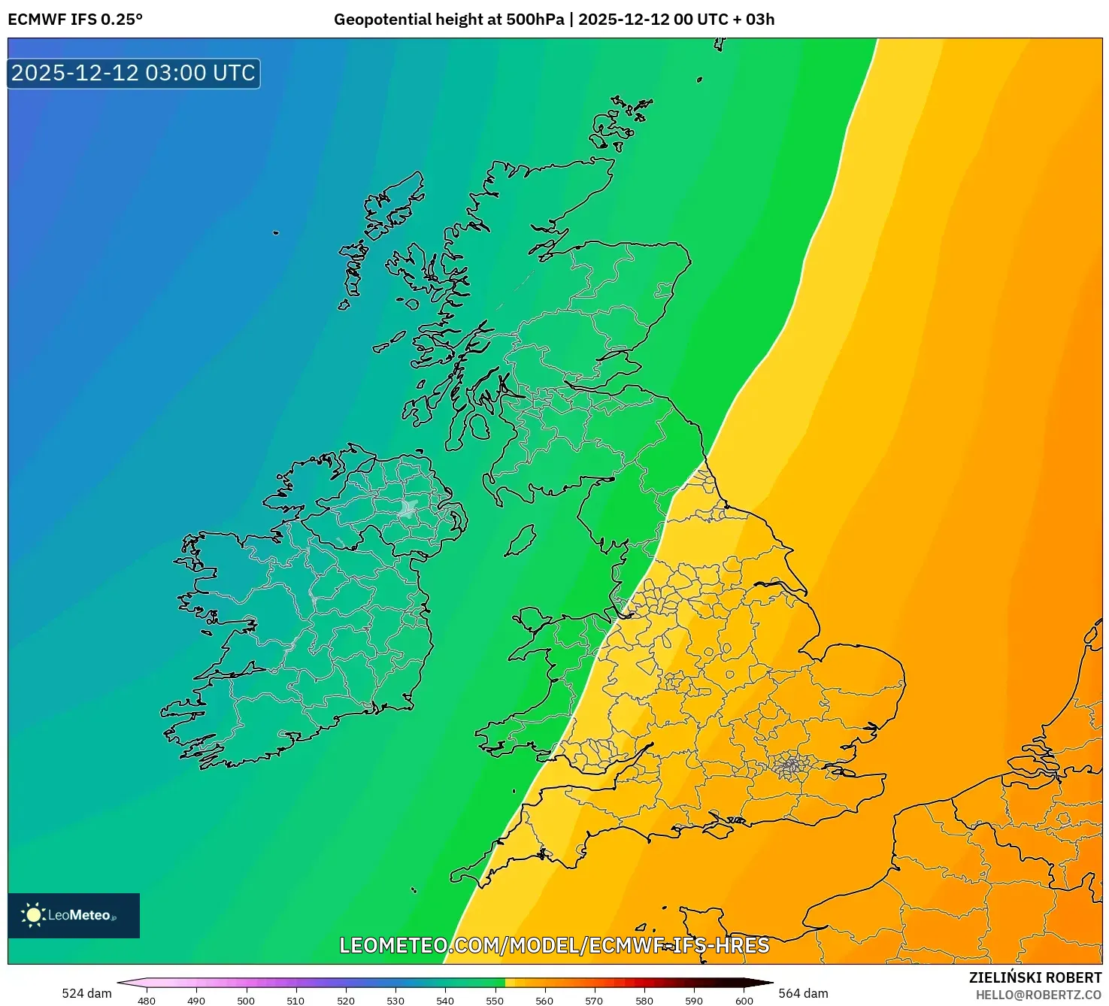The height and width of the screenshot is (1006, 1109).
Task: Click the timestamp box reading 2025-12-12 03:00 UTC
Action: click(x=134, y=74)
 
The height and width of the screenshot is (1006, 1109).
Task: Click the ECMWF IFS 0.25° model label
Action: click(x=75, y=20)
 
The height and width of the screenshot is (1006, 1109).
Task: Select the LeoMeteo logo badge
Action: click(x=74, y=915)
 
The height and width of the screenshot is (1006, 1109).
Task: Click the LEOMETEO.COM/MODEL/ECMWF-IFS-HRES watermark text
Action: click(x=554, y=945)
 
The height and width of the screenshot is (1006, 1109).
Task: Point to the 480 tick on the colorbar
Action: click(x=147, y=1000)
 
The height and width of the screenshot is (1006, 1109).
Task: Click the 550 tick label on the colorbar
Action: click(x=495, y=1000)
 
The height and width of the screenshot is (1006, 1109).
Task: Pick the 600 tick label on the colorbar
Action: click(x=744, y=1000)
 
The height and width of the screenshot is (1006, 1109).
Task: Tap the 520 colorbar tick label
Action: click(x=346, y=1000)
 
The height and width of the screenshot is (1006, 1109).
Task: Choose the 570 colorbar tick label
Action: click(x=594, y=1000)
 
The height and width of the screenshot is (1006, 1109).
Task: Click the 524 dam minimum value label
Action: click(x=86, y=993)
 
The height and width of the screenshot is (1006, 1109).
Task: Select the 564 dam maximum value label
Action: click(x=803, y=993)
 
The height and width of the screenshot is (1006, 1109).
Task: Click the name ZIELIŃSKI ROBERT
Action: click(x=1035, y=977)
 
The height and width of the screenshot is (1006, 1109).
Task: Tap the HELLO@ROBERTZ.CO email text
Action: click(x=1038, y=995)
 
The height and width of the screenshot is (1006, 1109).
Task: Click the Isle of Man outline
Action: click(x=520, y=540)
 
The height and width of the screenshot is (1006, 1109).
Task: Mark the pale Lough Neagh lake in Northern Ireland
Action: click(x=409, y=508)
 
